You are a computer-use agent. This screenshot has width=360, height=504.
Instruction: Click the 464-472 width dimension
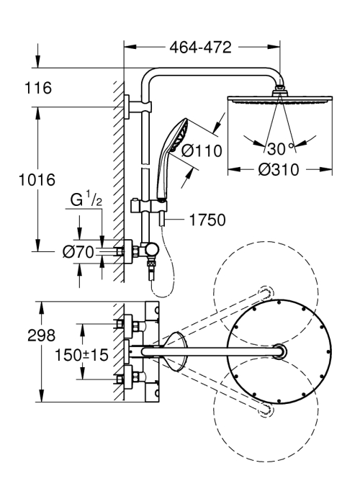[200, 48]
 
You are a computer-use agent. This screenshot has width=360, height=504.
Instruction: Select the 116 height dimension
[38, 88]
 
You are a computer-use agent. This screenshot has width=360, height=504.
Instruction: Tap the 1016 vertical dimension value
[37, 180]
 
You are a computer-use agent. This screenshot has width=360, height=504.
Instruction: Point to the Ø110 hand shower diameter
[202, 150]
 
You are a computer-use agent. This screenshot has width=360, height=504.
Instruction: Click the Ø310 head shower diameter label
[279, 170]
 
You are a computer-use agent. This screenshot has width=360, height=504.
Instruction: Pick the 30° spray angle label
[280, 149]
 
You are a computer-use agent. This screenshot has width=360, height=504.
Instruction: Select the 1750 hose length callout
[207, 220]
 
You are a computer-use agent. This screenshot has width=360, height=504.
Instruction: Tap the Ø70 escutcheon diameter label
[78, 252]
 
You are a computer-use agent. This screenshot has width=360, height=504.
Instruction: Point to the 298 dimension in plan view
[42, 336]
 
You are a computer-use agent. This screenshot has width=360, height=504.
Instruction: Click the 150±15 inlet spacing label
[81, 355]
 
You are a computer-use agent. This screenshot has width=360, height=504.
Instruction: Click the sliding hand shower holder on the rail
[148, 207]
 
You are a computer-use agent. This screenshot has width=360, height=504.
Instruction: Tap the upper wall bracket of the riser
[138, 107]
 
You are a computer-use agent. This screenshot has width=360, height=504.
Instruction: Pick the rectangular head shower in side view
[279, 99]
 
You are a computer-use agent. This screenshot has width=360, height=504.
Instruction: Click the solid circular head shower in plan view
[279, 351]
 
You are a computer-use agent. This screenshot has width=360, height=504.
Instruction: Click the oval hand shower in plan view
[175, 351]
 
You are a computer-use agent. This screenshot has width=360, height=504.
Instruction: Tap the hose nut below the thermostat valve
[150, 265]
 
